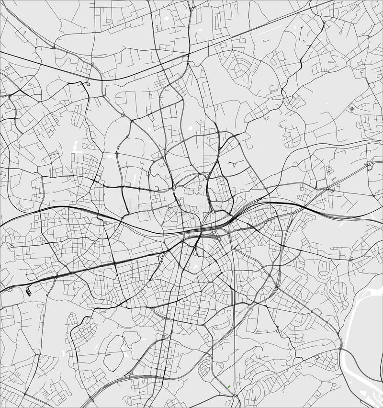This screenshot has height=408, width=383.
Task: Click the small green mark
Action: click(229, 386)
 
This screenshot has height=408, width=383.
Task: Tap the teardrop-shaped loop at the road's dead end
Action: click(89, 84)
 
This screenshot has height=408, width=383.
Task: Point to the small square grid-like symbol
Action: click(352, 109)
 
